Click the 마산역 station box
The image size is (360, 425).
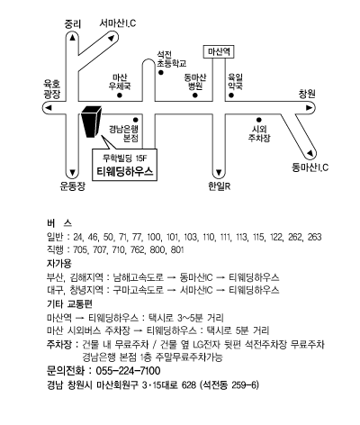point(219,52)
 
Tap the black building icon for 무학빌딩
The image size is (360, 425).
point(91,122)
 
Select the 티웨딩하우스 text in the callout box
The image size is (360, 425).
point(125,171)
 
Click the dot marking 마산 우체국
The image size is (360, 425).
point(120,95)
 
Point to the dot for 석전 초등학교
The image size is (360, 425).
point(161,72)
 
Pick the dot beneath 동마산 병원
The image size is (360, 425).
point(195,95)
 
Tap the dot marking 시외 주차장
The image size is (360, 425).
point(259,120)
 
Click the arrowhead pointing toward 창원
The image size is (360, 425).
point(309,108)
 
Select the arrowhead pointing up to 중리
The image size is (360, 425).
point(72,37)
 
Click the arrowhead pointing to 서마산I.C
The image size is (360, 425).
point(112,38)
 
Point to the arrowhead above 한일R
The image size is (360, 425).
point(219,173)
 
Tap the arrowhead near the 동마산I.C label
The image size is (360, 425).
point(310,154)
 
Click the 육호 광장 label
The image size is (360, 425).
point(52,89)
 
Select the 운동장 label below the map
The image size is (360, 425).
point(72,186)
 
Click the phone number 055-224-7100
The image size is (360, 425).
point(128,371)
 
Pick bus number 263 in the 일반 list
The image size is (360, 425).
point(314,237)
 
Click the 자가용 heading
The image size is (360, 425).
point(59,264)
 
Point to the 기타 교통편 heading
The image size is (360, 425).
point(69,304)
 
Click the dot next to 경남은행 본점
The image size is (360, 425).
point(136,120)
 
